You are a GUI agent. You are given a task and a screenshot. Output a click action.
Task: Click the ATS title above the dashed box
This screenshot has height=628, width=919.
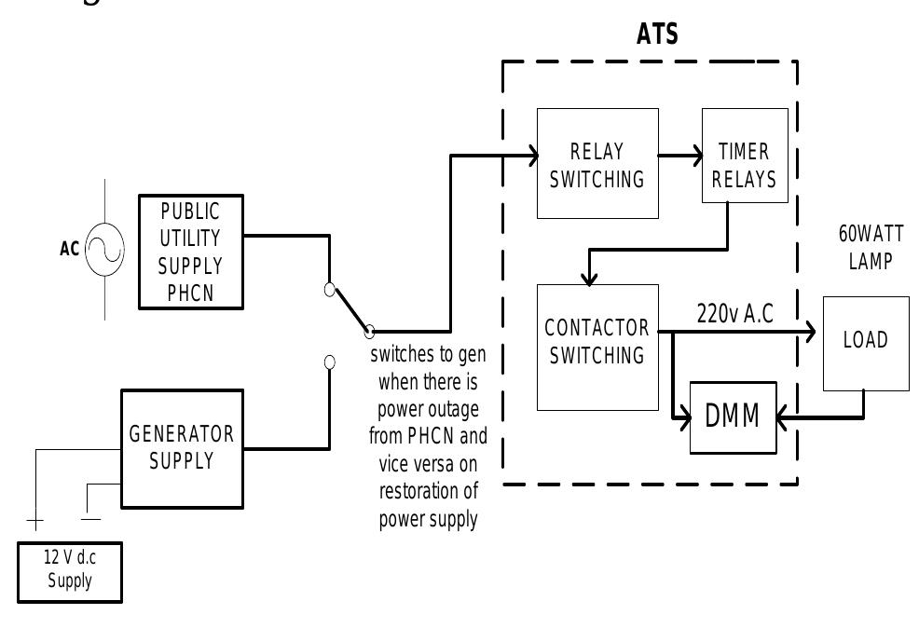click(x=657, y=35)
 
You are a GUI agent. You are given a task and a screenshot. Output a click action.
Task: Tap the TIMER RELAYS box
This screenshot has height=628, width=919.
click(x=744, y=164)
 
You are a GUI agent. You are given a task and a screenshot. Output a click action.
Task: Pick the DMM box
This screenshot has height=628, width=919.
click(x=733, y=416)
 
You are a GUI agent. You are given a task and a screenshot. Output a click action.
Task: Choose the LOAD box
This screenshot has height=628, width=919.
click(x=865, y=342)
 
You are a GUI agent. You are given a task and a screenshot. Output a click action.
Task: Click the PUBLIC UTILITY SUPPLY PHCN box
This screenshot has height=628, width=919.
click(x=190, y=252)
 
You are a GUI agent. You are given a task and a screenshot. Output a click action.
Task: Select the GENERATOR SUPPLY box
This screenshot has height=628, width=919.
click(x=182, y=448)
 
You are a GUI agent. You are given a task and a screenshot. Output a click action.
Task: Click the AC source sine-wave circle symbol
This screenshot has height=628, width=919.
click(x=104, y=250)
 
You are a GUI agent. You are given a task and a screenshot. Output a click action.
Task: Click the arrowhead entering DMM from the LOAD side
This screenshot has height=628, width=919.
click(x=782, y=416)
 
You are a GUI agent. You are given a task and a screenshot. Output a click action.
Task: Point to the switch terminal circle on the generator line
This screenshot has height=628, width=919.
click(x=329, y=362)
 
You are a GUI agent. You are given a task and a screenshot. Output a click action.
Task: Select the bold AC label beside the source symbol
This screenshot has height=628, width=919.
click(x=69, y=251)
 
